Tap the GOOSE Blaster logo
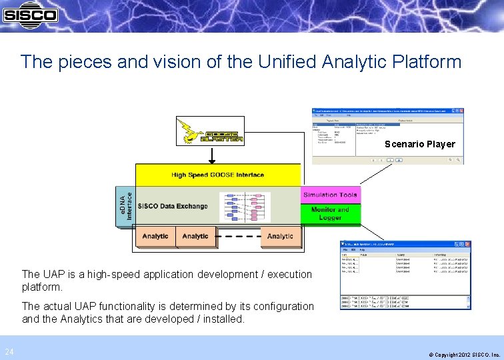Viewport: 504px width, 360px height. (x=209, y=131)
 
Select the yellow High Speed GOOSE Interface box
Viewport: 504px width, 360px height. (x=218, y=175)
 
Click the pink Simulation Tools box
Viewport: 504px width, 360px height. (x=331, y=195)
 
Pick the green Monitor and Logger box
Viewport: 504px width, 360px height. (x=331, y=213)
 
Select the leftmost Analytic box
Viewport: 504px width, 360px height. (x=155, y=236)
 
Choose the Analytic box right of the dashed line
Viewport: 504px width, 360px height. (x=280, y=236)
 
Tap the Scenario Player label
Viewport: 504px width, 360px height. (x=420, y=144)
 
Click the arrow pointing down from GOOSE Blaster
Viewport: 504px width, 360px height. (x=211, y=155)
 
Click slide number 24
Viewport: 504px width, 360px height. (x=9, y=351)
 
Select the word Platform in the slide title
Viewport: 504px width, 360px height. (x=426, y=62)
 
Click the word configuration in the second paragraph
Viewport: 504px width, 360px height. (x=279, y=306)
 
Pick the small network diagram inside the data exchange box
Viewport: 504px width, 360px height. (x=245, y=207)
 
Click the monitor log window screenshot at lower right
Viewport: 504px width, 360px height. (x=406, y=275)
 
